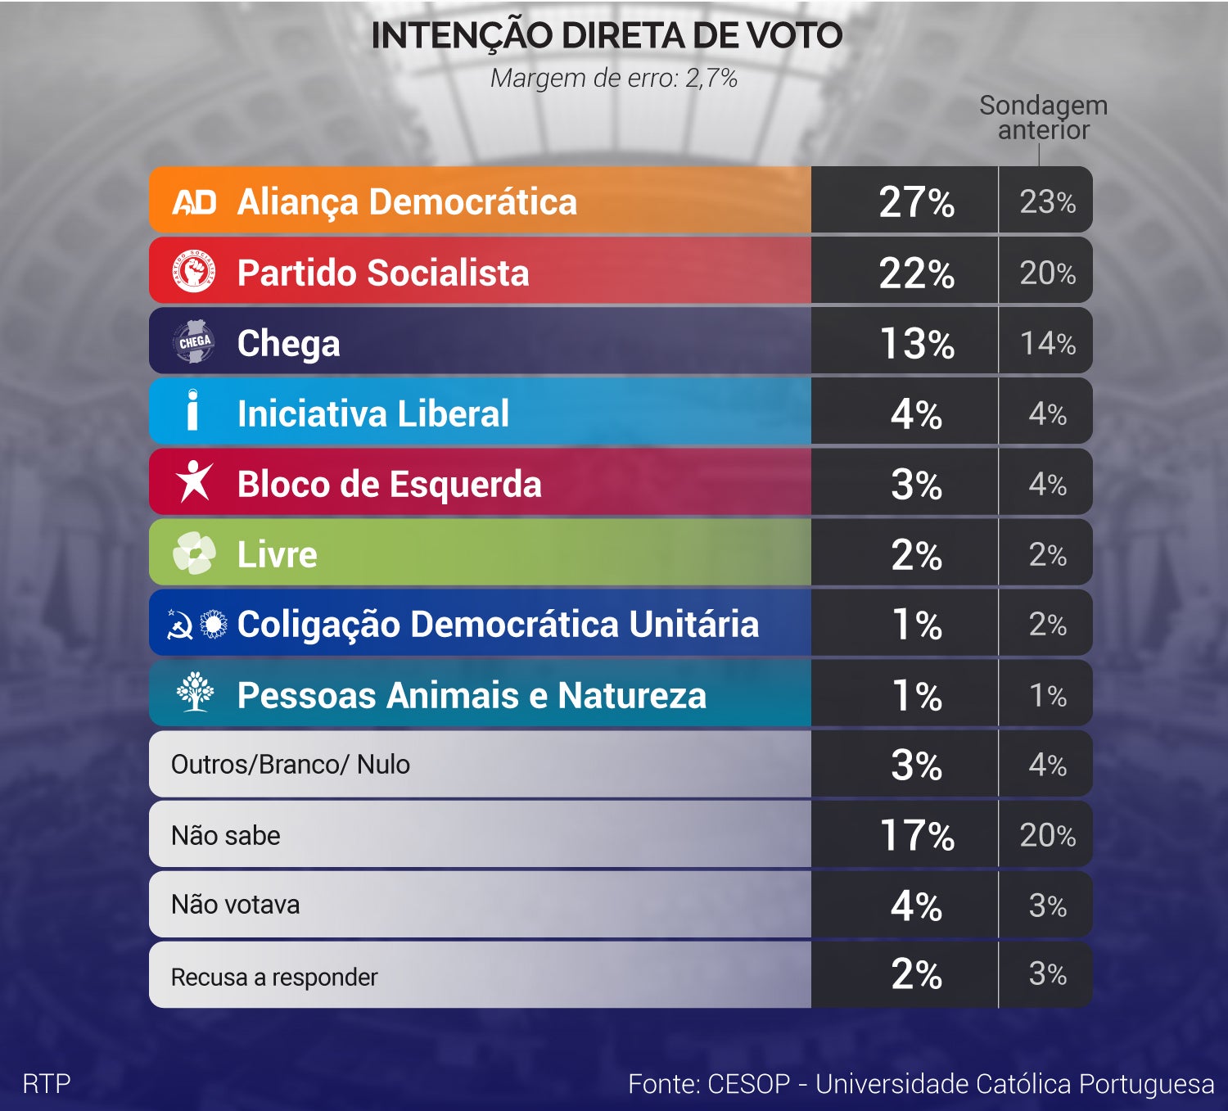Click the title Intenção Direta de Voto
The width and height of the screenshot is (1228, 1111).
(x=607, y=36)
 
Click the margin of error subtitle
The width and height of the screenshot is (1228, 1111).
(x=613, y=79)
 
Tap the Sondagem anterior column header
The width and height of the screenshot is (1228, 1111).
(x=1043, y=118)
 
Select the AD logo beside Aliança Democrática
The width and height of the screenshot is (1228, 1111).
(x=194, y=202)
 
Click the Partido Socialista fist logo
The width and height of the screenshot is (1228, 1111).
(x=194, y=272)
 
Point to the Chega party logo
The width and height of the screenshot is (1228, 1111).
(x=194, y=342)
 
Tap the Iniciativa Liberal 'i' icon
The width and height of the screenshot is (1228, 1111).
(x=192, y=410)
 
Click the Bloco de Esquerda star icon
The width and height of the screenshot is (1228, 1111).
(x=194, y=481)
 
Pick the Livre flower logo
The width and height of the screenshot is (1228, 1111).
(x=194, y=553)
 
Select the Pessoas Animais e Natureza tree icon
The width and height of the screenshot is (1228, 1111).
(x=195, y=693)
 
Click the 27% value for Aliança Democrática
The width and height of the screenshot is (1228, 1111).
(x=916, y=202)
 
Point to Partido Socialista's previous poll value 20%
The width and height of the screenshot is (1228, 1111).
(x=1047, y=273)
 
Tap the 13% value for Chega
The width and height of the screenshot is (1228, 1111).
(x=916, y=344)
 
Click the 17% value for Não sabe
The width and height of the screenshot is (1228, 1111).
(x=916, y=836)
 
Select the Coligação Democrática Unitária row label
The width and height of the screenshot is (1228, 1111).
(x=498, y=625)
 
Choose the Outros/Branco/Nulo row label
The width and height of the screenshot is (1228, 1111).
(x=290, y=765)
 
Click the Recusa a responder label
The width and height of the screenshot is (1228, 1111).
(x=273, y=977)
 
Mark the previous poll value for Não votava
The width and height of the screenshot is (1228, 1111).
(x=1047, y=906)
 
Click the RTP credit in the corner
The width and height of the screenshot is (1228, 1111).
(x=47, y=1084)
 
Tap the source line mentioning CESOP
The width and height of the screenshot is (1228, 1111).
(x=920, y=1084)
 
